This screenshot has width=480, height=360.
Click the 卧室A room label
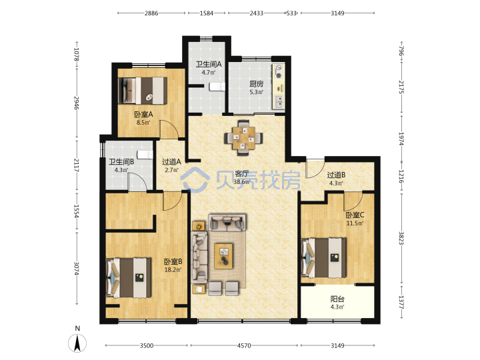coord(143,115)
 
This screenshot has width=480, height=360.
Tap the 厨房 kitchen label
coord(256,84)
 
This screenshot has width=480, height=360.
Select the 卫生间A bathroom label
coord(209,64)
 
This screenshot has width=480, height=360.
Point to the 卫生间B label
coord(121,161)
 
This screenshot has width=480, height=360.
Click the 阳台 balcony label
coord(337,299)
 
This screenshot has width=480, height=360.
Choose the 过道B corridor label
coord(336,175)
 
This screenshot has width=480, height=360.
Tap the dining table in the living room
coord(244,138)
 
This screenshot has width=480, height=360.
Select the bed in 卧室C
coord(324,258)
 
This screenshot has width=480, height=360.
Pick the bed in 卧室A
coord(143,91)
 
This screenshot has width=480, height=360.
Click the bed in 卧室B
coord(129,278)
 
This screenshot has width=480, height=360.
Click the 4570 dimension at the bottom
coord(244,345)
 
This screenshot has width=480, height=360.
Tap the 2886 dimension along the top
coord(151,13)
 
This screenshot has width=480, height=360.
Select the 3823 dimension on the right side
coord(401,238)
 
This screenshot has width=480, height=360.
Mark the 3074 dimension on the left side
coord(77,269)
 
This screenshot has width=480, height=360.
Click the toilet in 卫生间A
coord(217,87)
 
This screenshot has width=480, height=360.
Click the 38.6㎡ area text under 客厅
coord(241,182)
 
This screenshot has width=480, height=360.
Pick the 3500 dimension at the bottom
coord(146,345)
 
